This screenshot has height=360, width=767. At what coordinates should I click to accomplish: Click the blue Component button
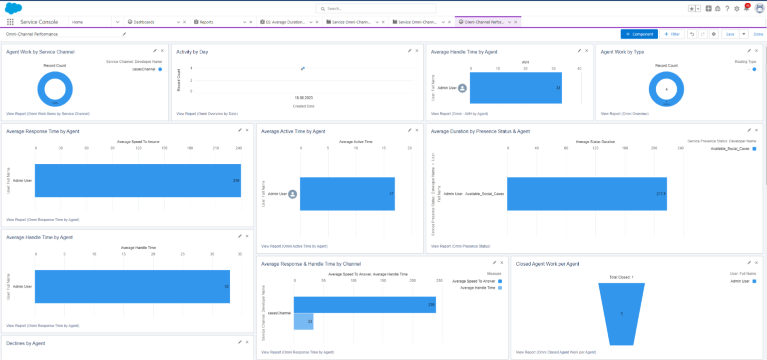[x=639, y=34]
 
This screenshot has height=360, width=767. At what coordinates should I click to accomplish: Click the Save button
[x=730, y=34]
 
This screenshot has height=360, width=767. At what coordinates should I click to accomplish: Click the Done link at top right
[x=758, y=34]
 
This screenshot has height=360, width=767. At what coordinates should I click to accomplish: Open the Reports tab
[x=206, y=22]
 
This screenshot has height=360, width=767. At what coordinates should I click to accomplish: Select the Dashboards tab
[x=143, y=22]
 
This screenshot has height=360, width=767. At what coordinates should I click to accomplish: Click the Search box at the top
[x=376, y=8]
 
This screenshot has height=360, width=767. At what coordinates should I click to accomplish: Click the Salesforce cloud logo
[x=13, y=8]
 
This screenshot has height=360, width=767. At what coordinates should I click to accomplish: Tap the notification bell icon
[x=746, y=8]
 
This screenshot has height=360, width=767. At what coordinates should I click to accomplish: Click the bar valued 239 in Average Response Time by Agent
[x=137, y=180]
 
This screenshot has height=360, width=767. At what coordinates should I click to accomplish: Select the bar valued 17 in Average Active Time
[x=347, y=194]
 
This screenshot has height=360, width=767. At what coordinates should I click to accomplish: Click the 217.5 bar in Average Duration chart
[x=587, y=194]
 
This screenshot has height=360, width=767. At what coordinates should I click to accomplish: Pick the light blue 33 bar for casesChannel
[x=304, y=322]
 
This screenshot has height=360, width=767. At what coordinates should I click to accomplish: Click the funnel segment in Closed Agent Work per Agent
[x=621, y=314]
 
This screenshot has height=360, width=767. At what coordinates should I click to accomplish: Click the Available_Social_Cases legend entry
[x=732, y=149]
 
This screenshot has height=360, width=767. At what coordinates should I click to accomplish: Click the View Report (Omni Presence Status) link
[x=460, y=246]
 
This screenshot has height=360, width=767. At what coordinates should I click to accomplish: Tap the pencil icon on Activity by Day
[x=409, y=50]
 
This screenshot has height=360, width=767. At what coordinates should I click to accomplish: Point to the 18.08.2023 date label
[x=303, y=98]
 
